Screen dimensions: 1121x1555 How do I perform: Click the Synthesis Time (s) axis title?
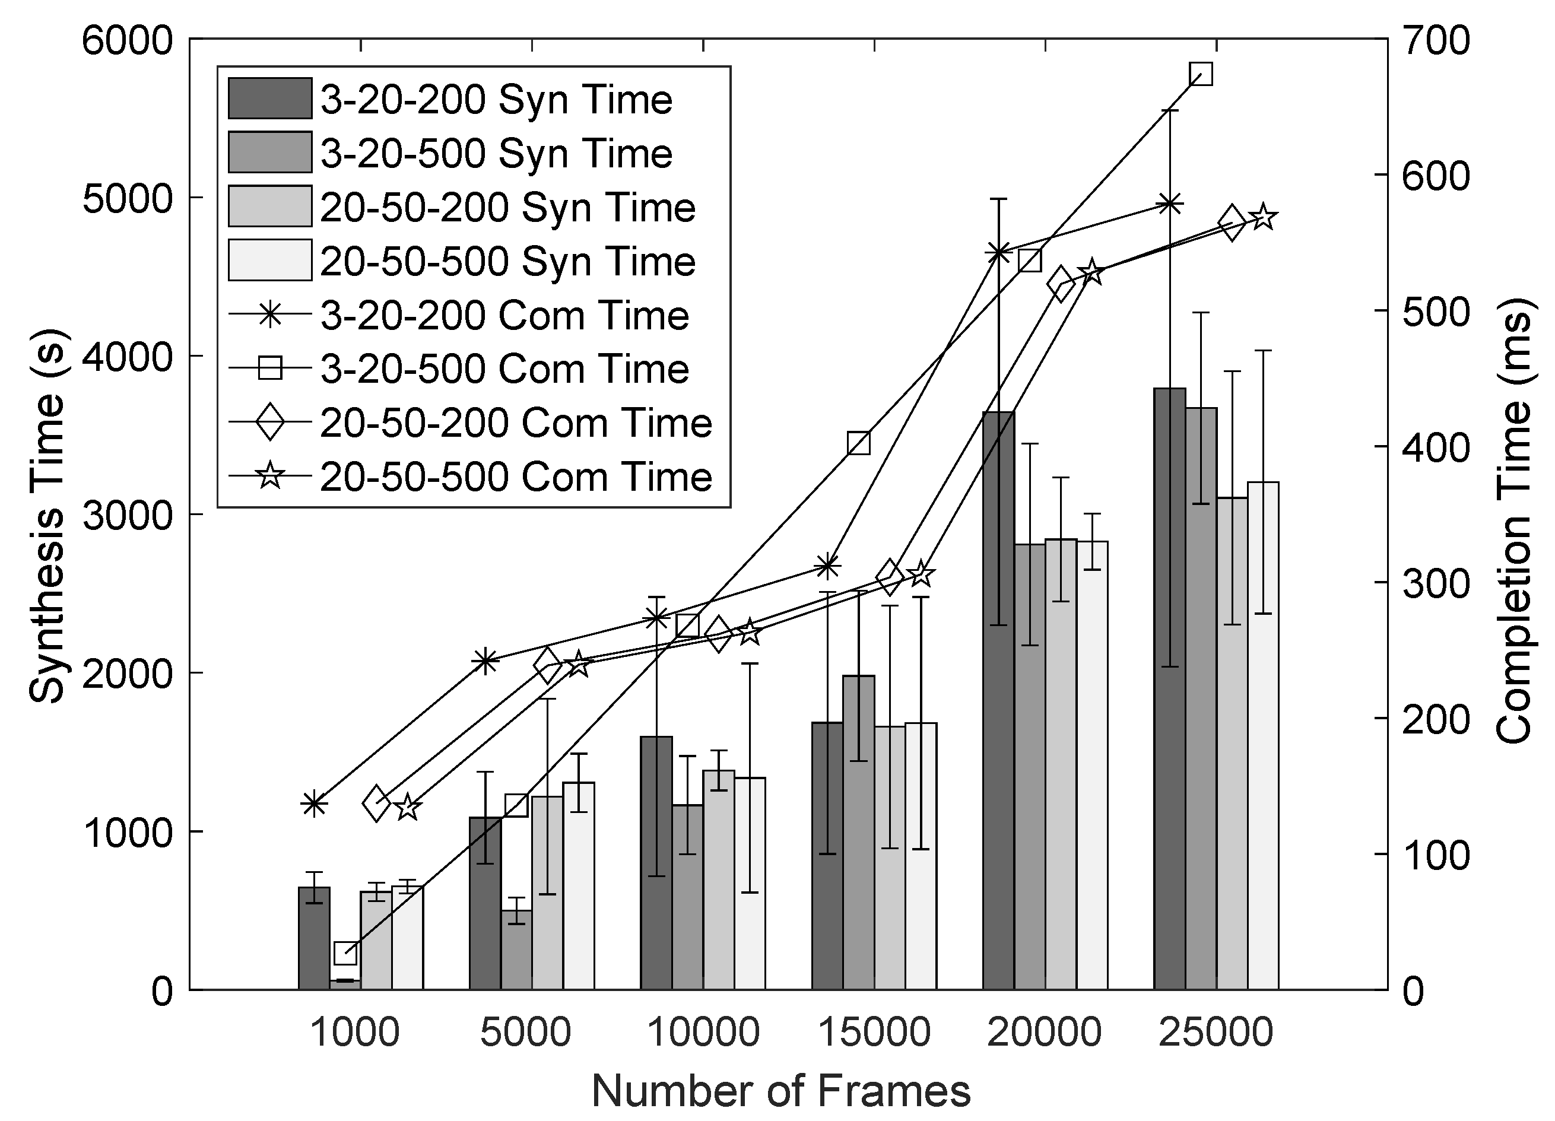tap(47, 516)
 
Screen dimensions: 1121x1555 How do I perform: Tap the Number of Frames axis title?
tap(781, 1091)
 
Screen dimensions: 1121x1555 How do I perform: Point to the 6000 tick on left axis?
tap(128, 40)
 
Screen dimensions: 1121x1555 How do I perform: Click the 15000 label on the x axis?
tap(874, 1033)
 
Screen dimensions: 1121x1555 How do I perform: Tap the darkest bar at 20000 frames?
tap(998, 699)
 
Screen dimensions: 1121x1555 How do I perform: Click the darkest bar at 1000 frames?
tap(314, 938)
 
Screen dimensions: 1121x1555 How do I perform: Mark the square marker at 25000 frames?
tap(1201, 74)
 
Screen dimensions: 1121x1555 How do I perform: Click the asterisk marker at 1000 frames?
tap(314, 804)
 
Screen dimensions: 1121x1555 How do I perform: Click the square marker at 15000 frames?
tap(859, 444)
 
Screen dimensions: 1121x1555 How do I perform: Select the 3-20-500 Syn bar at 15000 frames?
tap(858, 833)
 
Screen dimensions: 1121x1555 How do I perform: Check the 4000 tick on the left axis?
tap(128, 357)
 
